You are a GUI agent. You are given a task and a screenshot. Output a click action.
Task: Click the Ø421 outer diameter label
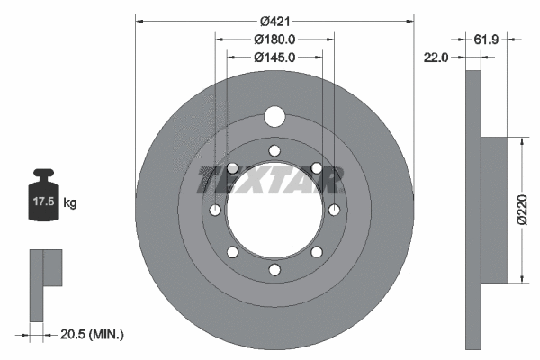[x=274, y=22]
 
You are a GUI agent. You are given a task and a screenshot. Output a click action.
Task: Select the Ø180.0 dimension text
[x=274, y=40]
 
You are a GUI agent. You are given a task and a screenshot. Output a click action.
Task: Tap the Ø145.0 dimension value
[x=274, y=58]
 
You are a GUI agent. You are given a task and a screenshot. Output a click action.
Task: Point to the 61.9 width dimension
[x=486, y=40]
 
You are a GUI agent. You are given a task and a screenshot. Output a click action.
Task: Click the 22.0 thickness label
[x=436, y=58]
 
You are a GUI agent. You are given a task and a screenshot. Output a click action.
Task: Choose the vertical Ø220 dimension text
[x=522, y=210]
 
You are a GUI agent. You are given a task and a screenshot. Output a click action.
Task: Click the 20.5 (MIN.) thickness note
[x=92, y=334]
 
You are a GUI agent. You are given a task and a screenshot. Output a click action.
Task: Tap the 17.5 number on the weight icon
[x=44, y=202]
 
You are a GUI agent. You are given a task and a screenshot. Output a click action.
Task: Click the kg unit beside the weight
[x=70, y=202]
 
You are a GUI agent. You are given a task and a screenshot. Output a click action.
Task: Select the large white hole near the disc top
[x=274, y=117]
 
